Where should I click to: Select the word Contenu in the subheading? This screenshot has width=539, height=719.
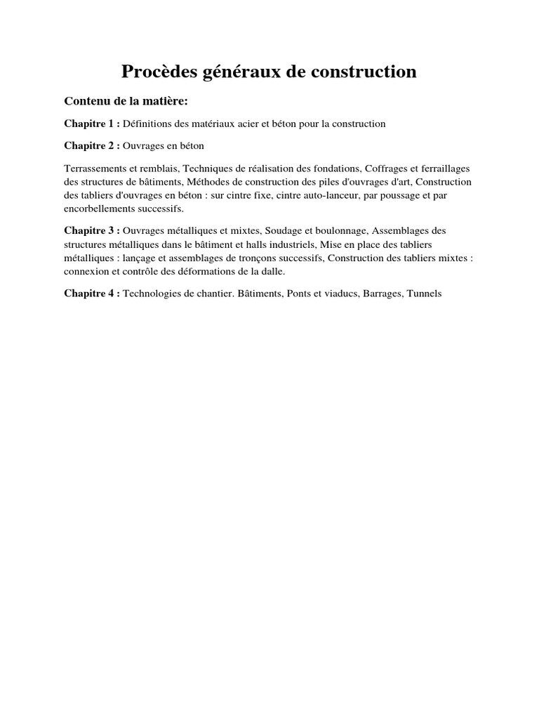pos(87,101)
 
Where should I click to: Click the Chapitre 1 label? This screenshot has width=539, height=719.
pos(92,124)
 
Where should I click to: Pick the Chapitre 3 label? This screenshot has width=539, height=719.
pos(92,230)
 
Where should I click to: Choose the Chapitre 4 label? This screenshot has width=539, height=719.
pos(92,293)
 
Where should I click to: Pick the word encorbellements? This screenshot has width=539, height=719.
pos(102,209)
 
